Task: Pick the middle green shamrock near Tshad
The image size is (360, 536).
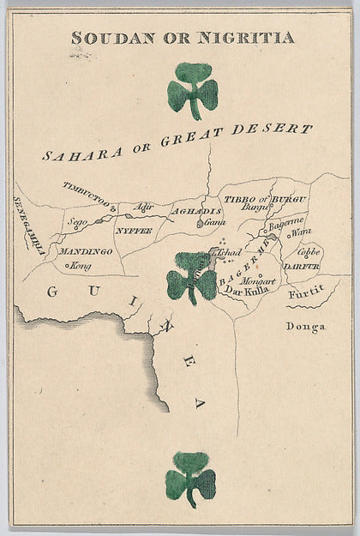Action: [191, 279]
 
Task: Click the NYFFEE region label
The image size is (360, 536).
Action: [133, 231]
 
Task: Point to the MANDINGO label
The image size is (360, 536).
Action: [87, 251]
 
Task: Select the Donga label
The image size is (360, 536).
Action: [302, 326]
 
